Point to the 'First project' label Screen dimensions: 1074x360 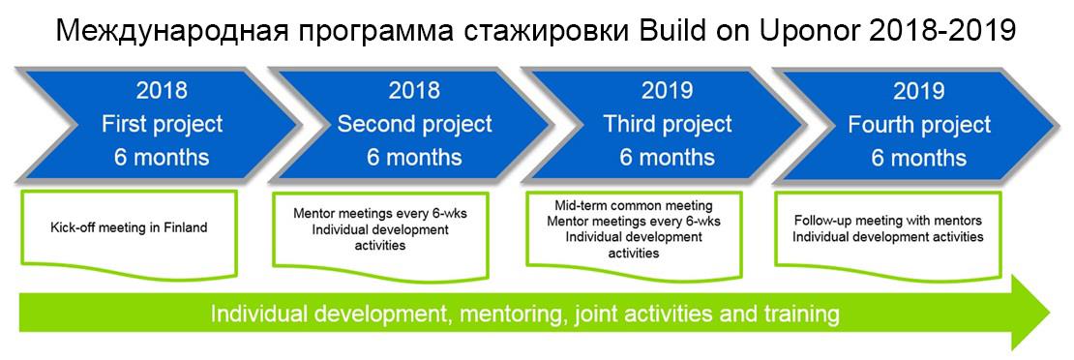click(163, 124)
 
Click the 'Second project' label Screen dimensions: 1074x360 click(415, 124)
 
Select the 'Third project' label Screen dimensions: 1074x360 click(668, 124)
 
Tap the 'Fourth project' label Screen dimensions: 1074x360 click(919, 125)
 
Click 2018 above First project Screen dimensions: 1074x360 click(162, 91)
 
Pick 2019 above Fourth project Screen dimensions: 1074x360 click(919, 91)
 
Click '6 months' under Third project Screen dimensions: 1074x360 click(668, 157)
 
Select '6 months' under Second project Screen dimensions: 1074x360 click(414, 157)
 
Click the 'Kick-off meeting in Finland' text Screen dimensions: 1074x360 click(129, 227)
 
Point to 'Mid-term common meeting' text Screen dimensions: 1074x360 click(634, 206)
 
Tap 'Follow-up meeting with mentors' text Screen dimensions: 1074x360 click(888, 222)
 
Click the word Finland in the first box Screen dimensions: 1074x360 click(185, 227)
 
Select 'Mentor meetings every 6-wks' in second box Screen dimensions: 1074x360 click(380, 215)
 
